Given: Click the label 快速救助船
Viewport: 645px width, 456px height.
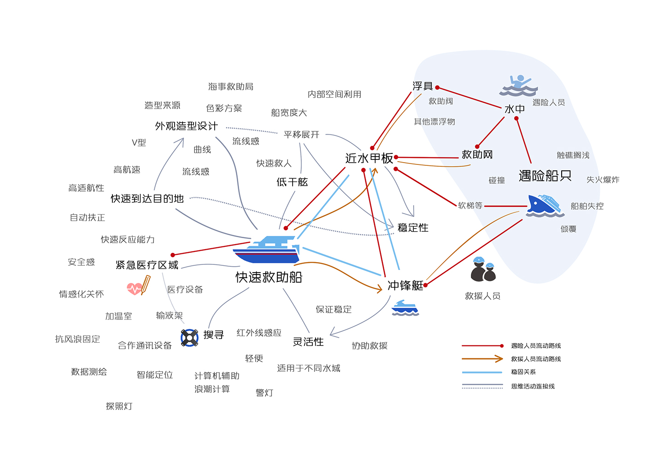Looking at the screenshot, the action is (269, 277).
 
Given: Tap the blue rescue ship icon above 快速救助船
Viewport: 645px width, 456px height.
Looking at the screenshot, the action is (266, 249).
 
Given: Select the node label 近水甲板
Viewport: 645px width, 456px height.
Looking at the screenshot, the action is (369, 158).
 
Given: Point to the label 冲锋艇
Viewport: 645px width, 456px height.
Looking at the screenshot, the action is (405, 286).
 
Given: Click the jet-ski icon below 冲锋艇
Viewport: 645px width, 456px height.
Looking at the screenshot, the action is (405, 308).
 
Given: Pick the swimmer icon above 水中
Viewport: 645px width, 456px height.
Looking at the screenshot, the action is (519, 85).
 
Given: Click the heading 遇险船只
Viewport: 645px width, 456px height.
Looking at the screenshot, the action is (545, 175).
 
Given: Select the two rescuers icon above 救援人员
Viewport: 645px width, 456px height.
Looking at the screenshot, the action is (483, 269).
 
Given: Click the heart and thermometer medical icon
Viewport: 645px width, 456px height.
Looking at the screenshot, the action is (139, 286).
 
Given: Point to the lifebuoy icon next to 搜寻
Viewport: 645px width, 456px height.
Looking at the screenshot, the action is (189, 338).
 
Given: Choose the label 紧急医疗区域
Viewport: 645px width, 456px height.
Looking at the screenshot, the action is (147, 265).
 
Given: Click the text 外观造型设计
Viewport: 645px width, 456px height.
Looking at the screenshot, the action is (186, 126).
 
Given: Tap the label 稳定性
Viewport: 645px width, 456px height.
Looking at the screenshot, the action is (413, 228).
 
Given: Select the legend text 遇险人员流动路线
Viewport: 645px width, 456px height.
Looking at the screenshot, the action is (536, 346).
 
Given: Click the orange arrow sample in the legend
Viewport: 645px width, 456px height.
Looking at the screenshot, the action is (482, 359).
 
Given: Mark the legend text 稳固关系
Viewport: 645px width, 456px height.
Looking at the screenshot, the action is (523, 372).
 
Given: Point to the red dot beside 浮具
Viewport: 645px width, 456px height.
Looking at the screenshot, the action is (437, 88).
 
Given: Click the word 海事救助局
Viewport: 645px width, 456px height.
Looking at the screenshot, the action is (231, 87).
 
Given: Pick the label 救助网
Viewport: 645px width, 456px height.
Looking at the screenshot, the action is (477, 155).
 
